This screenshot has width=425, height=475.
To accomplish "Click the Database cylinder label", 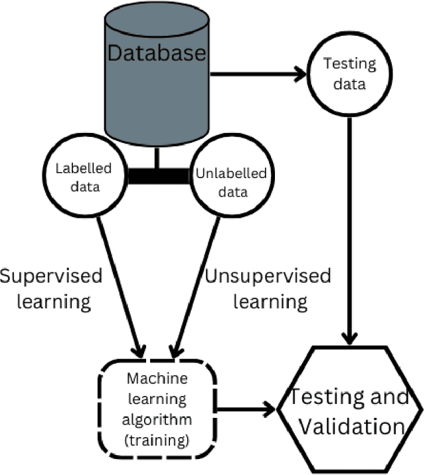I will pyautogui.click(x=157, y=54).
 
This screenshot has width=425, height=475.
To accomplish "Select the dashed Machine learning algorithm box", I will pyautogui.click(x=157, y=409).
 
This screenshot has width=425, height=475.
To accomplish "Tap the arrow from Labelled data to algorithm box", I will pyautogui.click(x=119, y=286).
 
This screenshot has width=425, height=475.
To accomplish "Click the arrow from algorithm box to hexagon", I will pyautogui.click(x=246, y=409).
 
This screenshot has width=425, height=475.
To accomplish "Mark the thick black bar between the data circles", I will pyautogui.click(x=157, y=176).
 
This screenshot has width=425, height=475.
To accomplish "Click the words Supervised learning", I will pyautogui.click(x=52, y=288).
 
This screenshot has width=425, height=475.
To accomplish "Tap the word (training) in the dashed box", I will pyautogui.click(x=157, y=439).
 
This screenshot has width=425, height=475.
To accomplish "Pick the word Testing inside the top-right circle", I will pyautogui.click(x=349, y=65).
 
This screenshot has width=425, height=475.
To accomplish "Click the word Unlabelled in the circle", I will pyautogui.click(x=230, y=174).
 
